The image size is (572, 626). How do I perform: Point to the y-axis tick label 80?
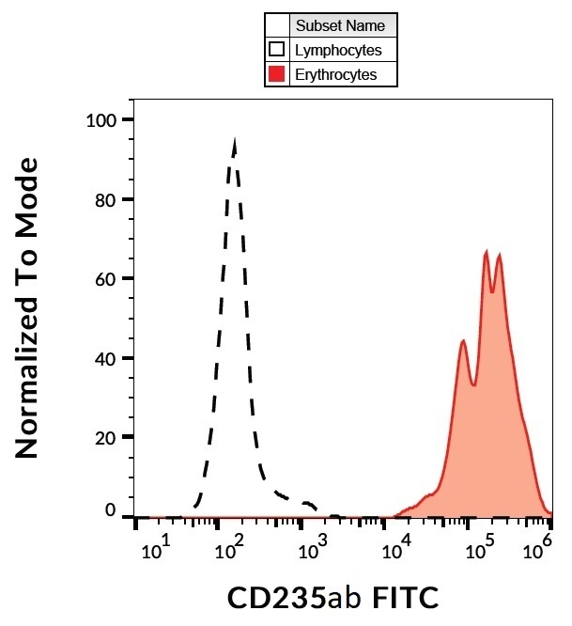tap(108, 199)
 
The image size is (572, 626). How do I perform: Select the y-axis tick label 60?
tap(108, 279)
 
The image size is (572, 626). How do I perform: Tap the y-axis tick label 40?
tap(108, 358)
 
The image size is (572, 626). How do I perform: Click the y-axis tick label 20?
tap(108, 438)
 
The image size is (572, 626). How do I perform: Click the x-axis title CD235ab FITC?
tap(333, 597)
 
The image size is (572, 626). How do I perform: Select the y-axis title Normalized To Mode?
tap(28, 308)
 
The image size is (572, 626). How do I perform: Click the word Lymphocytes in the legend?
tap(338, 50)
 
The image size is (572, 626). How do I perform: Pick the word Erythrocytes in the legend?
tap(336, 74)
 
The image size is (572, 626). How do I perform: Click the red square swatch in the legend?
tap(277, 74)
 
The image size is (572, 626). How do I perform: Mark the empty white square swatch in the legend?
tap(277, 50)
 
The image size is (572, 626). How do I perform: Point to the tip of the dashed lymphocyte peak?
tap(234, 141)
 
